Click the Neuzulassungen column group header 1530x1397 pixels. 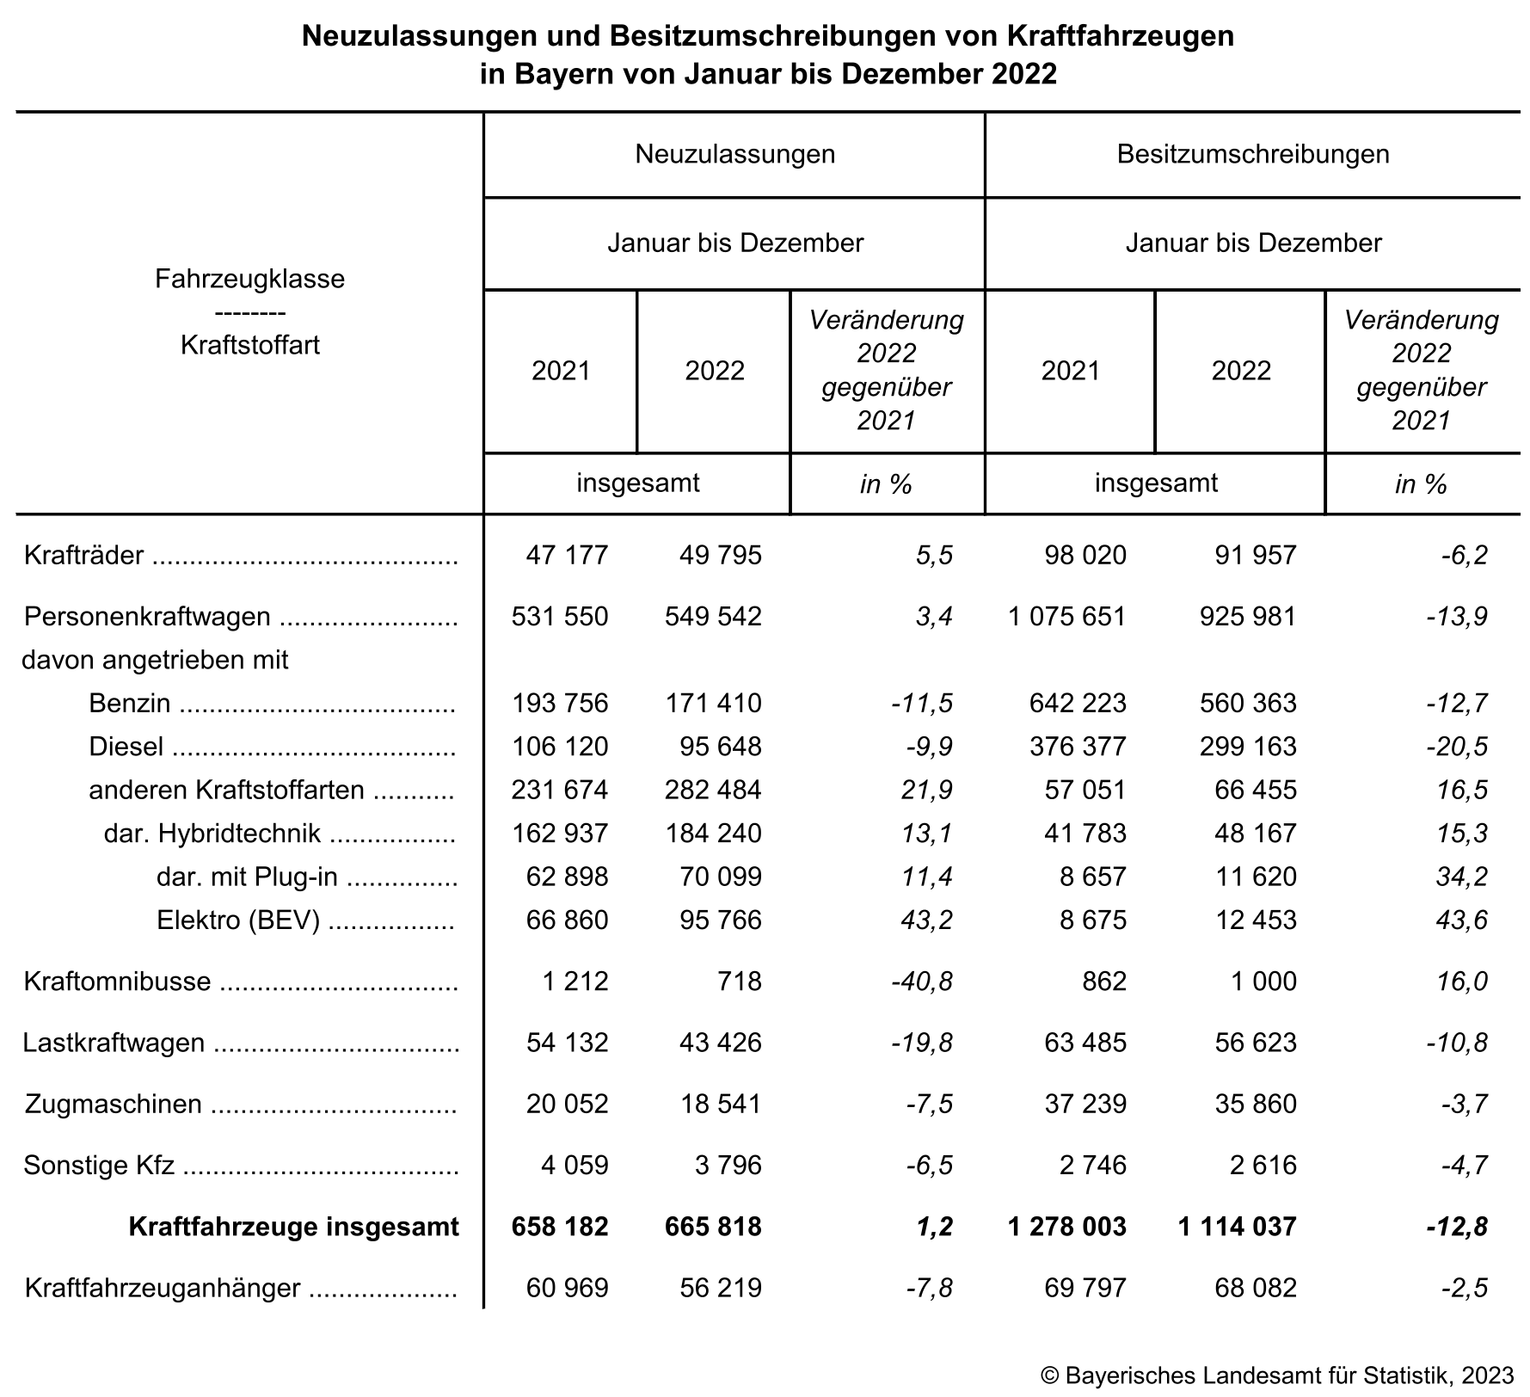734,154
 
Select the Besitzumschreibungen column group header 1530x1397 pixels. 1252,154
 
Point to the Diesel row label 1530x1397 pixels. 126,747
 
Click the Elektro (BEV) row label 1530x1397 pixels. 237,920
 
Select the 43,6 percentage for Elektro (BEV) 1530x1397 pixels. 1462,920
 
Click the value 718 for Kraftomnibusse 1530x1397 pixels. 738,982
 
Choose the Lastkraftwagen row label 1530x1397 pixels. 114,1043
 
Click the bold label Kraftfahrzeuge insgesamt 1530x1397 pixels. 293,1227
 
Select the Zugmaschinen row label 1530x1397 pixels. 113,1105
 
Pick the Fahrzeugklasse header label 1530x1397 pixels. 249,279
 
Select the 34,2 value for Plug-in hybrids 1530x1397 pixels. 1462,877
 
